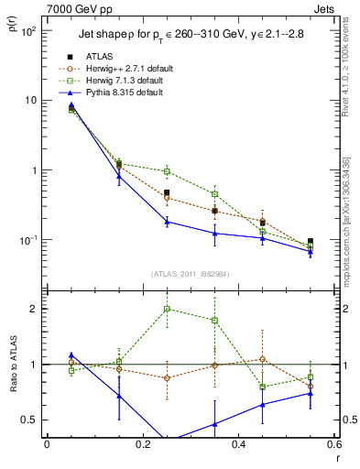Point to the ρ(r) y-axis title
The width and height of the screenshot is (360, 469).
pos(14,36)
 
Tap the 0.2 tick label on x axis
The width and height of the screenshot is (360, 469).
pos(142,445)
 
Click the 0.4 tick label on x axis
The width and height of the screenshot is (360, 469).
pos(238,445)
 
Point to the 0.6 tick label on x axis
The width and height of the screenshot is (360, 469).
pos(333,445)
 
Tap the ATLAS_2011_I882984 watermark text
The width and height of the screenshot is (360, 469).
pos(190,273)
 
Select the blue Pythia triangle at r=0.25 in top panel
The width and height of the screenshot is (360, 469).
pos(167,222)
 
